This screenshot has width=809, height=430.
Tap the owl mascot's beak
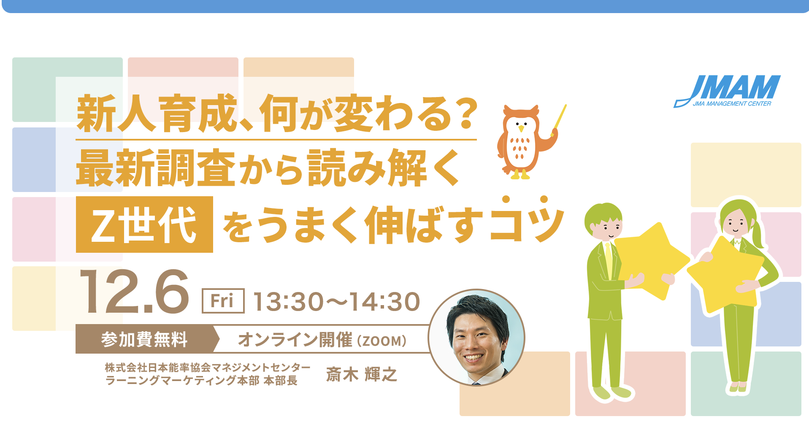click(521, 128)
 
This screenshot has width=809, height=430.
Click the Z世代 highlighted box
click(144, 224)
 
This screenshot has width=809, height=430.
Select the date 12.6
click(134, 292)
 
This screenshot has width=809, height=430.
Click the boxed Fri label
click(223, 301)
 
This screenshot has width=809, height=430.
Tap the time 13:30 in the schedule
click(288, 302)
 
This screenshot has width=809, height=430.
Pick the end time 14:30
click(384, 302)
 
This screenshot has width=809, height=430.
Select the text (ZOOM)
click(382, 341)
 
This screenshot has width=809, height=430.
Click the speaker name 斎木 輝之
click(361, 374)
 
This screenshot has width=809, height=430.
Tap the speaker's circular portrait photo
click(476, 337)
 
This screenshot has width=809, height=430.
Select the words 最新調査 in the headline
click(156, 168)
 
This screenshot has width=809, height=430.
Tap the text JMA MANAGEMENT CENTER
click(732, 104)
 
